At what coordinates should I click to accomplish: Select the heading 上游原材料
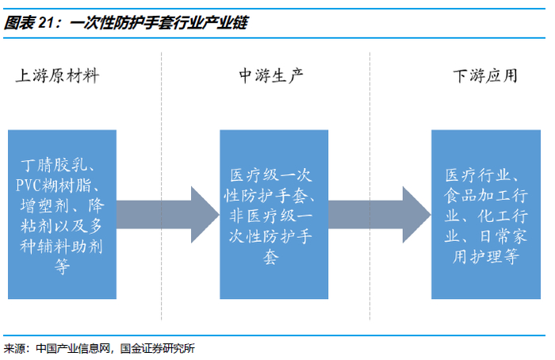coord(57,76)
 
